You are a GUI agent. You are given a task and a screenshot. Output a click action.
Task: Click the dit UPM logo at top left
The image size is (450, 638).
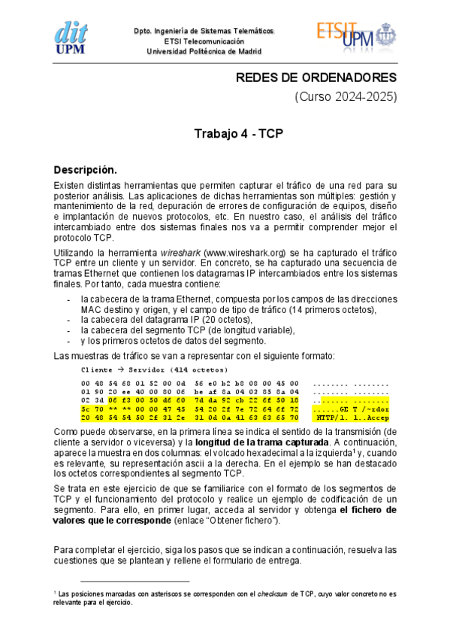[x=73, y=35]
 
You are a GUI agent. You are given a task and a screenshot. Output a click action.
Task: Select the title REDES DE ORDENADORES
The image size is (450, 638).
[x=316, y=78]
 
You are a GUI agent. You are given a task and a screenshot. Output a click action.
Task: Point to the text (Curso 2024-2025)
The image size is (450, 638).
[x=345, y=98]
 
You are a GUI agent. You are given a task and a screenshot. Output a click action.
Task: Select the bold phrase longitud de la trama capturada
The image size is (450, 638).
[x=258, y=441]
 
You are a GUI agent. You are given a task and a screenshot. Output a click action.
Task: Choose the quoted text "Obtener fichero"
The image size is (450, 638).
[x=243, y=520]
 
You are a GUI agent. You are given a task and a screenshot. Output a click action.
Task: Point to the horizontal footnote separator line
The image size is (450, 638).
[x=134, y=582]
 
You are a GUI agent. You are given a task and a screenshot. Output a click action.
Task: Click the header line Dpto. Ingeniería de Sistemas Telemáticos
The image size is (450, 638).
[x=203, y=31]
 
